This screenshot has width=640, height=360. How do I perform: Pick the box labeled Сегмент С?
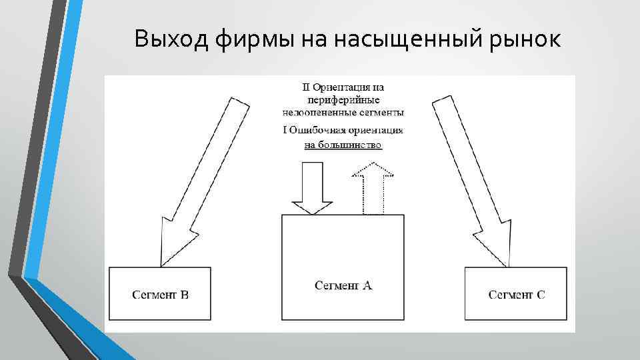(516, 293)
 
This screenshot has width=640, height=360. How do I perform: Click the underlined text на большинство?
(343, 145)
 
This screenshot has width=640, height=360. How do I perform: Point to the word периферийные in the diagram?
(343, 99)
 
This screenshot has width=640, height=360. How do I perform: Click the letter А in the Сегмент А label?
(368, 285)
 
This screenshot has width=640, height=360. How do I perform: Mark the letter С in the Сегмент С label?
(540, 294)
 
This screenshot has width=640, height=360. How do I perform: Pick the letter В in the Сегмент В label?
(185, 294)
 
